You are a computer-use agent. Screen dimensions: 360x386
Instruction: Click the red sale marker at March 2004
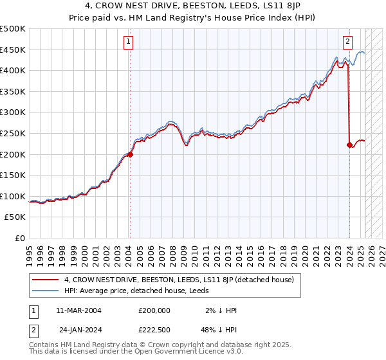(130, 154)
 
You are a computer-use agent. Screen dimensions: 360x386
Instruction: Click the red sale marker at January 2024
(349, 145)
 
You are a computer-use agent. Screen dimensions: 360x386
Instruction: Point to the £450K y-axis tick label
(13, 50)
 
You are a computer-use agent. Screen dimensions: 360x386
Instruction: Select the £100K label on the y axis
(13, 196)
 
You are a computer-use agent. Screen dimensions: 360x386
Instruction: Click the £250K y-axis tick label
(13, 133)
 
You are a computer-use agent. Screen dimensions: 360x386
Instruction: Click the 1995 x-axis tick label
(30, 251)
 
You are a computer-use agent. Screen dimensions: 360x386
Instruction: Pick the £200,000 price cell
(154, 310)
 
